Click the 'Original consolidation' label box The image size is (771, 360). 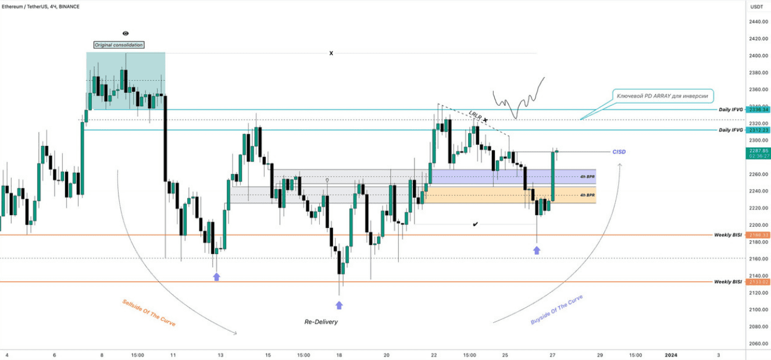tap(119, 45)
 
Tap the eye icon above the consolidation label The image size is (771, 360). tap(126, 34)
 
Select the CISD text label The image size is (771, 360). tap(619, 152)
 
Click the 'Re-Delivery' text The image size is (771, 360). tap(321, 322)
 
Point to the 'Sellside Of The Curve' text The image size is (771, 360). tap(148, 313)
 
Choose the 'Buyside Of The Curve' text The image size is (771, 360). tap(556, 310)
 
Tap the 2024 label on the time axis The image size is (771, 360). tap(670, 354)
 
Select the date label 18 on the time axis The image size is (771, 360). tap(339, 354)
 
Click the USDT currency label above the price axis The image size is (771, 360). tap(756, 6)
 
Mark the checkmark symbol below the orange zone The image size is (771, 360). tap(475, 224)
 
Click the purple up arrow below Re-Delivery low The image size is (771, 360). tap(339, 305)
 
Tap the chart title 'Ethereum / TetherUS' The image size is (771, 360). tap(27, 6)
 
